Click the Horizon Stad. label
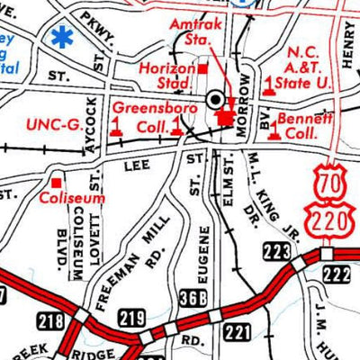(168, 76)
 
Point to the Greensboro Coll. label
(142, 118)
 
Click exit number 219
(131, 316)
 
